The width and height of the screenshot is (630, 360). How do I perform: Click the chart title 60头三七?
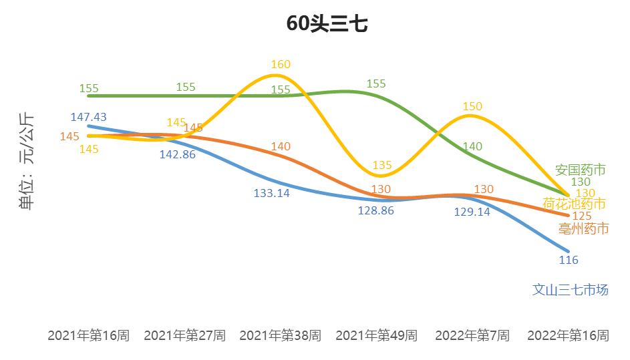[327, 24]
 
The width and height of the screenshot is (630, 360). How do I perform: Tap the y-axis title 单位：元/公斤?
[27, 161]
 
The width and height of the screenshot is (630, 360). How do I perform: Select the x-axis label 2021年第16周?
[88, 335]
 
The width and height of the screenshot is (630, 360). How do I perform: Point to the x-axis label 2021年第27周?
[184, 335]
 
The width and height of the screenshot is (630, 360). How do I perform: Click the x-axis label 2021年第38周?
[280, 335]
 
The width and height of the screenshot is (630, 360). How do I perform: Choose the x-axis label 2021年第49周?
[376, 335]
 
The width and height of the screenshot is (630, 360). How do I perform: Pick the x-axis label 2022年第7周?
[472, 335]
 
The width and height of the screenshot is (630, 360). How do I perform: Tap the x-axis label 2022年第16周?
[568, 335]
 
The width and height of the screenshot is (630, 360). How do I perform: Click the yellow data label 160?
[281, 65]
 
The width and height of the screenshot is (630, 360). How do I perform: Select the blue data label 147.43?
[88, 117]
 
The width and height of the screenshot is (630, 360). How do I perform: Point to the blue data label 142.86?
[177, 154]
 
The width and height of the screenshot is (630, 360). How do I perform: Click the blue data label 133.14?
[272, 194]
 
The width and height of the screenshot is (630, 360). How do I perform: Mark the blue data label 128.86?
[376, 210]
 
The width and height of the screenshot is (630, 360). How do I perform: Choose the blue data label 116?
[569, 260]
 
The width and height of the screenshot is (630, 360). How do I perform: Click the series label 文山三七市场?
[571, 290]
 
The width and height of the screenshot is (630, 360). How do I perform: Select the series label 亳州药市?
[583, 229]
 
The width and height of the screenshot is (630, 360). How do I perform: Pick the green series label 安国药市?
[581, 170]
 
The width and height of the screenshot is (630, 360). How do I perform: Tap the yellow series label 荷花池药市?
[575, 204]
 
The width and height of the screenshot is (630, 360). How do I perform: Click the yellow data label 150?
[472, 106]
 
